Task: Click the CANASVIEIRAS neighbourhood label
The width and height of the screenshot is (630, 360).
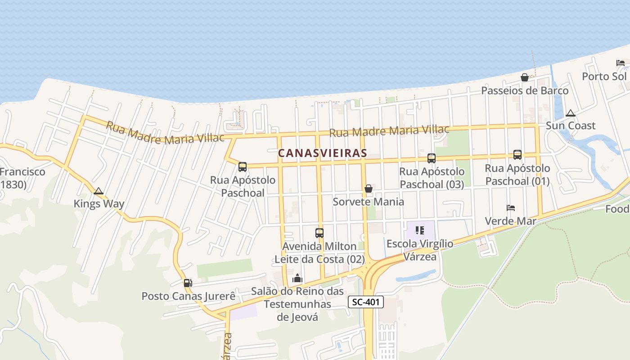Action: pyautogui.click(x=322, y=153)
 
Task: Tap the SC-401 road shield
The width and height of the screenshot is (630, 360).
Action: pyautogui.click(x=366, y=302)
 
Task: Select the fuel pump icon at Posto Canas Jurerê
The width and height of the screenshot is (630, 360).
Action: pyautogui.click(x=188, y=283)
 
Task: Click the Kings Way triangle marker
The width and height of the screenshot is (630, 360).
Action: pyautogui.click(x=99, y=191)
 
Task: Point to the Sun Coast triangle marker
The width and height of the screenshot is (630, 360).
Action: pyautogui.click(x=571, y=113)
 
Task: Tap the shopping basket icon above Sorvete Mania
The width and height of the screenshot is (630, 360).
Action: pyautogui.click(x=368, y=189)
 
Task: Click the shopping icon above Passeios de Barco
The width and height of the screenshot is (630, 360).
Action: pyautogui.click(x=524, y=77)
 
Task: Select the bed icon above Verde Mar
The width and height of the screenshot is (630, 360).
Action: pyautogui.click(x=510, y=208)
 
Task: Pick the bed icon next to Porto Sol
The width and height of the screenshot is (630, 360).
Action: pyautogui.click(x=621, y=63)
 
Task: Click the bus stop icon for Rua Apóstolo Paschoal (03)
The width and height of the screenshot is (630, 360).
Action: pyautogui.click(x=431, y=158)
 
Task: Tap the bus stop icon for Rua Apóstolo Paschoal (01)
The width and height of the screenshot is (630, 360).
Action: pyautogui.click(x=517, y=155)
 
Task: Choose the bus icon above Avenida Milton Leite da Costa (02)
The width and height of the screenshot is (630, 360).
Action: pyautogui.click(x=319, y=233)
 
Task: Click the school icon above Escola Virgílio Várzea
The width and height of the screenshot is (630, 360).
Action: pyautogui.click(x=420, y=231)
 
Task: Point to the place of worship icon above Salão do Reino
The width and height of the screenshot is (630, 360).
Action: pyautogui.click(x=297, y=279)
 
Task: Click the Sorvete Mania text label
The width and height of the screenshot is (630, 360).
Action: pyautogui.click(x=368, y=202)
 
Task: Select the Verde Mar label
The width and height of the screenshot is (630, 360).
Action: pyautogui.click(x=510, y=221)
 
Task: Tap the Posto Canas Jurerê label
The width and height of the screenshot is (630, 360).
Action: pyautogui.click(x=189, y=296)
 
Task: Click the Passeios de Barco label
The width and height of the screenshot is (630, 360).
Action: pyautogui.click(x=525, y=90)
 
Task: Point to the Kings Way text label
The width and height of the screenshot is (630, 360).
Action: pyautogui.click(x=99, y=204)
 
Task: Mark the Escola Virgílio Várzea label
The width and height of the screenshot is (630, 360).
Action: pyautogui.click(x=420, y=250)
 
